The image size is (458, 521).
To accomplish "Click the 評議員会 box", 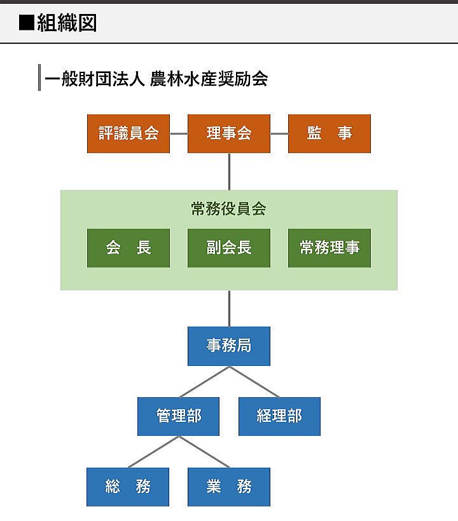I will [x=128, y=133].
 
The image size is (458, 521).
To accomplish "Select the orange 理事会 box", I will [x=229, y=133].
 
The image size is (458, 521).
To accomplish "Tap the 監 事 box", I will [x=330, y=133].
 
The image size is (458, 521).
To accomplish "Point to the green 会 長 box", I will [x=128, y=248].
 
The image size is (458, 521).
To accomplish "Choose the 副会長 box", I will [x=229, y=248].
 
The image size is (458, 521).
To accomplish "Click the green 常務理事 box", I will [x=330, y=248].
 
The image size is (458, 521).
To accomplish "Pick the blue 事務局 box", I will [x=229, y=346].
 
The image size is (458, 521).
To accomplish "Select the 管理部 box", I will [x=179, y=416].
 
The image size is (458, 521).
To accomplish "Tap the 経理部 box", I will [x=279, y=416].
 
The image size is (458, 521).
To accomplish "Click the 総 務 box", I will [x=128, y=487].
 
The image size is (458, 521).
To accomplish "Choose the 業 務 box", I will [x=229, y=487].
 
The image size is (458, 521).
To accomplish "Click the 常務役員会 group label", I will [x=229, y=208].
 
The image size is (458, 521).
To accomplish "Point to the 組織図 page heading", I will [x=67, y=24].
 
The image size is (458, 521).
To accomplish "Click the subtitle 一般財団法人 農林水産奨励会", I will [x=156, y=79].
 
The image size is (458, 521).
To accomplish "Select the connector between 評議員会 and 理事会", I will [x=179, y=133].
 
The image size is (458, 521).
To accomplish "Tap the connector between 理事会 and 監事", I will [x=279, y=133].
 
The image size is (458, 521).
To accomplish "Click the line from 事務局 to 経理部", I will [x=254, y=382].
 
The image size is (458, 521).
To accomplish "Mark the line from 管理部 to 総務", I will [x=153, y=452].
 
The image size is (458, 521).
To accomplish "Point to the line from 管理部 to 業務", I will [x=204, y=452].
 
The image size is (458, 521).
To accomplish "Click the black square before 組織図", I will [x=27, y=24].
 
